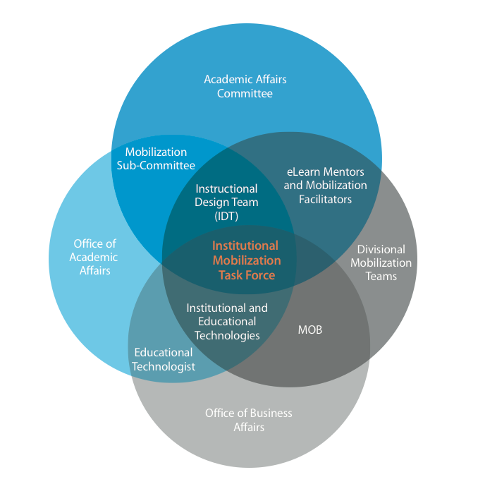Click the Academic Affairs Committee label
point(245,86)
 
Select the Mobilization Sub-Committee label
point(156,159)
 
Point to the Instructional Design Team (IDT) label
point(226,203)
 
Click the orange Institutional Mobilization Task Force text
point(246,260)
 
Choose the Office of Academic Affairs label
point(94,257)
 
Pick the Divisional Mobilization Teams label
point(381,262)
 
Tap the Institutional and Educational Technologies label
point(227,322)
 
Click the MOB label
point(310,330)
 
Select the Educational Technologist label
point(164,359)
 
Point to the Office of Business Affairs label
point(248,420)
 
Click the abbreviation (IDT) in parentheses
point(226,216)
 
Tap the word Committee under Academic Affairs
point(245,93)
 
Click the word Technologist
point(164,366)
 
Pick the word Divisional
point(381,249)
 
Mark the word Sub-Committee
point(156,166)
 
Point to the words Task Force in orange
point(246,274)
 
